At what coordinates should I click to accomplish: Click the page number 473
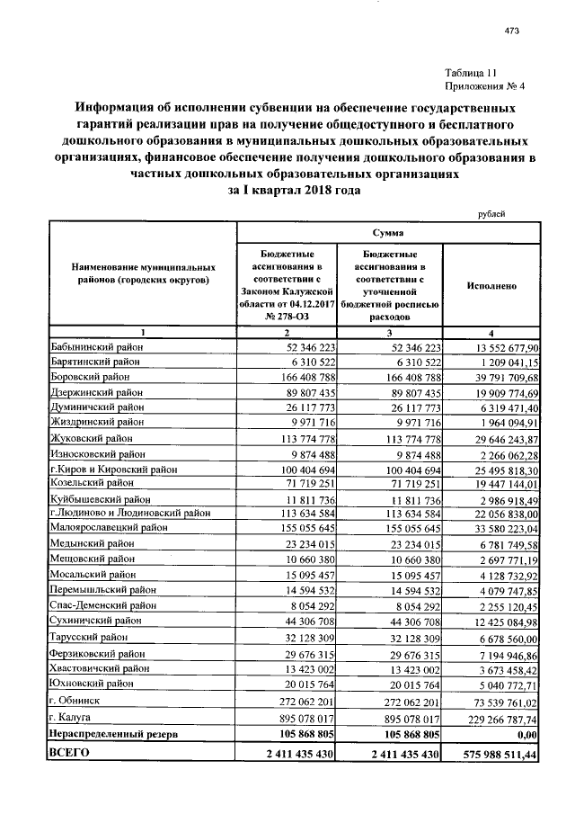(x=513, y=31)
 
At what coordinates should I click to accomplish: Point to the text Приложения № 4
(x=484, y=86)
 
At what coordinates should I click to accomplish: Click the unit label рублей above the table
(x=490, y=213)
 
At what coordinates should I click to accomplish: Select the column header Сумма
(x=387, y=232)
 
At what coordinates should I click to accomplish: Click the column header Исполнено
(x=491, y=285)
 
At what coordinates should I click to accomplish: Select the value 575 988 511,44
(x=491, y=753)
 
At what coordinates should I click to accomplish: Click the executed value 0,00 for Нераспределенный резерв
(x=525, y=734)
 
